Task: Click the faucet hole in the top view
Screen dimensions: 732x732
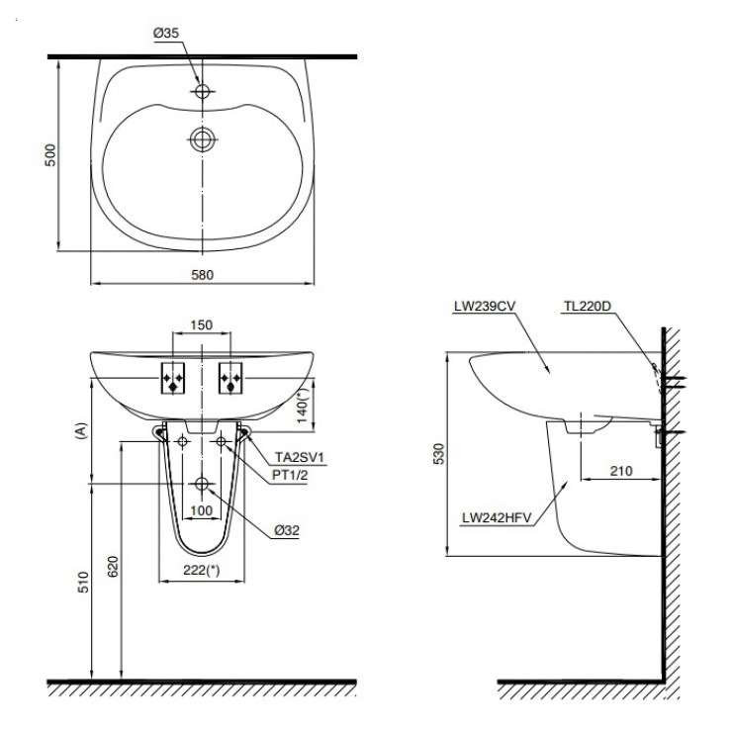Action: pos(203,91)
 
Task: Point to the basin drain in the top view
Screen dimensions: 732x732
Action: pos(203,138)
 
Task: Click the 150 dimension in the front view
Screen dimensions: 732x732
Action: pos(202,323)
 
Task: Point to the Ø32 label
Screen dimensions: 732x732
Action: pos(287,529)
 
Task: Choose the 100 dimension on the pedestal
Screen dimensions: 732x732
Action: pos(202,510)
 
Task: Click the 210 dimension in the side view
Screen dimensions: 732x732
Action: pos(620,471)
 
